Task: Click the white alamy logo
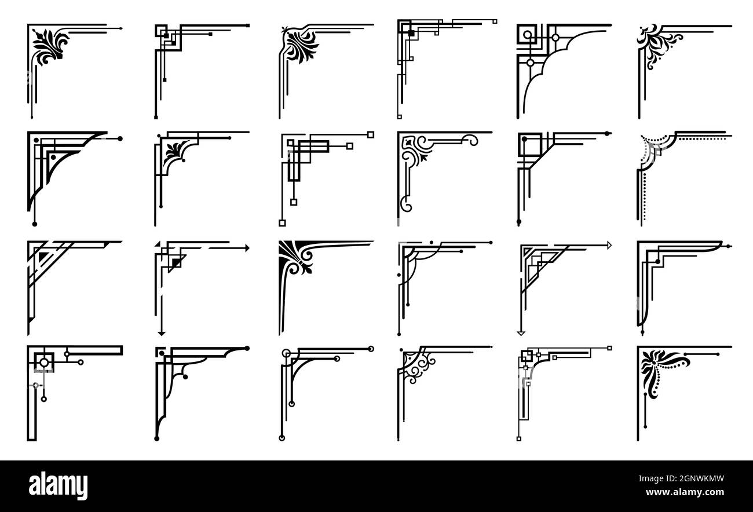[58, 485]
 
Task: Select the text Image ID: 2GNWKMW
[681, 478]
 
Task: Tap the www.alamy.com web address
[685, 492]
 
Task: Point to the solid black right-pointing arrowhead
[247, 248]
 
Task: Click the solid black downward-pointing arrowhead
[162, 334]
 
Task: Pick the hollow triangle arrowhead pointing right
[609, 245]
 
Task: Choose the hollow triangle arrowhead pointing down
[521, 334]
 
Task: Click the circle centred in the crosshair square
[44, 363]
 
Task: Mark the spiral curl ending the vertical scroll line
[405, 204]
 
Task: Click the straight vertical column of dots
[644, 197]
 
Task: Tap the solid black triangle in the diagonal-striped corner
[43, 257]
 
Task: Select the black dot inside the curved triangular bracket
[53, 157]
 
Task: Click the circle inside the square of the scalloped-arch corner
[528, 35]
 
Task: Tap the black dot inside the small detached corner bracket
[162, 353]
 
